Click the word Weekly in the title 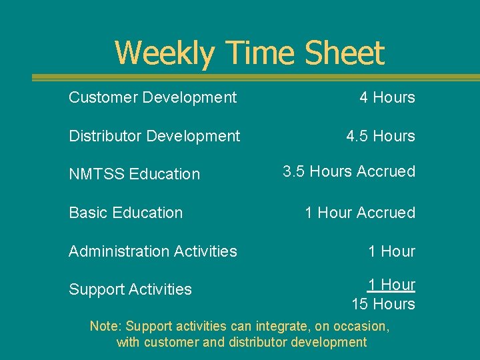point(164,53)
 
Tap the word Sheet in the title point(345,53)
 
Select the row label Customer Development point(153,97)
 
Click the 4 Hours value point(387,97)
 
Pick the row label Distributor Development point(154,136)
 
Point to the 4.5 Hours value point(380,136)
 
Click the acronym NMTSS point(97,174)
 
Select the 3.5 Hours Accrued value point(349,171)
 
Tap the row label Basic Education point(125,213)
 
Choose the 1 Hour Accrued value point(359,213)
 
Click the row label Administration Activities point(153,251)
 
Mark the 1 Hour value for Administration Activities point(391,251)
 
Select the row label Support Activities point(130,289)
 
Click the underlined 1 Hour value point(391,285)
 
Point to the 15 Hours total point(383,304)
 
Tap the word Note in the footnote point(104,327)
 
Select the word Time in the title point(261,53)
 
